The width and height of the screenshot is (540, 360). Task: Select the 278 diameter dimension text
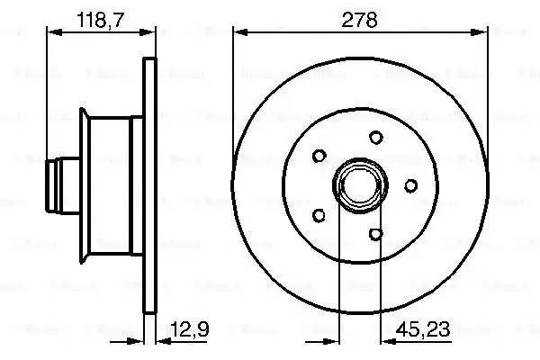[363, 17]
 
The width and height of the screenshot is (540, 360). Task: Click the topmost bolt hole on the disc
[374, 138]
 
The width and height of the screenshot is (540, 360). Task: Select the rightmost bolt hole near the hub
[410, 185]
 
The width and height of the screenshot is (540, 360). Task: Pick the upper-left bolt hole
[318, 155]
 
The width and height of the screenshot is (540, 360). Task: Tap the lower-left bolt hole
[318, 215]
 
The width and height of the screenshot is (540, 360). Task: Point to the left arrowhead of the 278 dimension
[238, 31]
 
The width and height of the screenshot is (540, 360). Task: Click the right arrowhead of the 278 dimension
[487, 31]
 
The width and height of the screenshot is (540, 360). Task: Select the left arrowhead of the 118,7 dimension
[51, 31]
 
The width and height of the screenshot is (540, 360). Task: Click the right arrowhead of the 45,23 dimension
[381, 340]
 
